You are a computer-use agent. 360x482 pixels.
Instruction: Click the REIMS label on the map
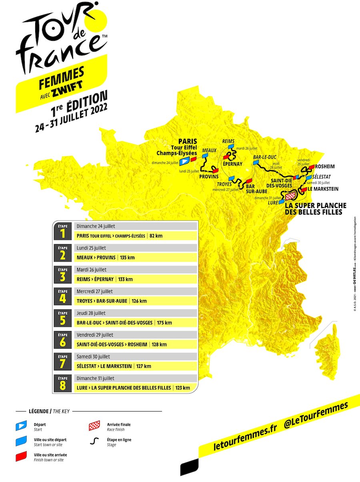point(228,141)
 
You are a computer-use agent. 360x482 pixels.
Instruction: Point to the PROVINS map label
point(209,177)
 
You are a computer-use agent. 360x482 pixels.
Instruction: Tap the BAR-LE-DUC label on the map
point(264,157)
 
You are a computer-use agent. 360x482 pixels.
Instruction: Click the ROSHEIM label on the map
point(325,167)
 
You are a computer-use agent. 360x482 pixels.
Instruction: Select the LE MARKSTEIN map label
point(324,189)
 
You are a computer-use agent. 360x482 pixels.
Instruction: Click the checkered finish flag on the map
point(290,195)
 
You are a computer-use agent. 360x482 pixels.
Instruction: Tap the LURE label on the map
point(273,203)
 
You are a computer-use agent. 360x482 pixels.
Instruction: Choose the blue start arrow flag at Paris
point(184,161)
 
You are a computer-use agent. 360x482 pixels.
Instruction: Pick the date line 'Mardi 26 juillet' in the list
point(92,269)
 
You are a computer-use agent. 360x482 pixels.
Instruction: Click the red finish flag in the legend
point(21,455)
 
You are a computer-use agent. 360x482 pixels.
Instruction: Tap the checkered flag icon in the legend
point(94,426)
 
